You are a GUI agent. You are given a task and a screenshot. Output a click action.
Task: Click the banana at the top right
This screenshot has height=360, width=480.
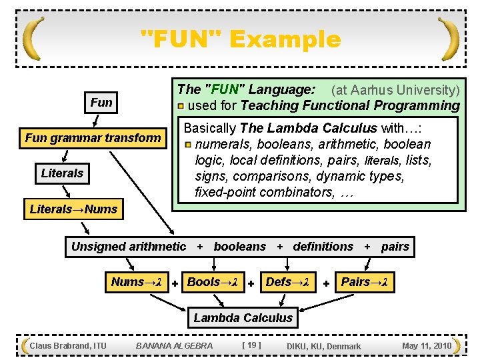coord(449,38)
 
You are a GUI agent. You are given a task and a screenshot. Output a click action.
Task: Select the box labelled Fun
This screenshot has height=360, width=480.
coord(101,103)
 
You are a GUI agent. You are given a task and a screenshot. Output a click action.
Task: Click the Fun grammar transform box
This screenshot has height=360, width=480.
coord(93,138)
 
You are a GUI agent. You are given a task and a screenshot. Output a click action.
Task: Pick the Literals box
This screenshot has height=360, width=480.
coord(62,173)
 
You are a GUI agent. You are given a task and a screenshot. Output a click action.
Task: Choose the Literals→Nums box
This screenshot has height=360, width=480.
coord(73,209)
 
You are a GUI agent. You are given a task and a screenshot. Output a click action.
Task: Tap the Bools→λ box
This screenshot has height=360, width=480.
coord(212,282)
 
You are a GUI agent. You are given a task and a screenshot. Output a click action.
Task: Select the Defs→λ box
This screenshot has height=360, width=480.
coord(287,282)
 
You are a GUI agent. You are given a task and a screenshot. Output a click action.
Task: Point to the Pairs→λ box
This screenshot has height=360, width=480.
coord(364,282)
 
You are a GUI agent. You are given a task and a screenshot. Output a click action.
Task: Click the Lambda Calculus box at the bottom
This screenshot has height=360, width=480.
coord(243,318)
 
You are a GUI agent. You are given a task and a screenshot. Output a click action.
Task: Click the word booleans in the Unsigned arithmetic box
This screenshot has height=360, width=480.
coord(239,247)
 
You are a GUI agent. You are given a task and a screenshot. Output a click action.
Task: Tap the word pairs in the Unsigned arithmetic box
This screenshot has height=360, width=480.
coord(395,247)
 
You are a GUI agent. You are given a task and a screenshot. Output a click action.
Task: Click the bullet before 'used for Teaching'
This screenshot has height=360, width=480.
coord(181,105)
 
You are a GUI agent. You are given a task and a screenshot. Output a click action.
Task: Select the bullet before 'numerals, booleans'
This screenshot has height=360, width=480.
coord(188,144)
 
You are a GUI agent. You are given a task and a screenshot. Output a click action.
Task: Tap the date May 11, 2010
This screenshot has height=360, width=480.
coord(427,345)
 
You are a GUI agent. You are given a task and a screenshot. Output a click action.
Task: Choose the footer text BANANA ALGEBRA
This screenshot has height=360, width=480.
coord(174,345)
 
